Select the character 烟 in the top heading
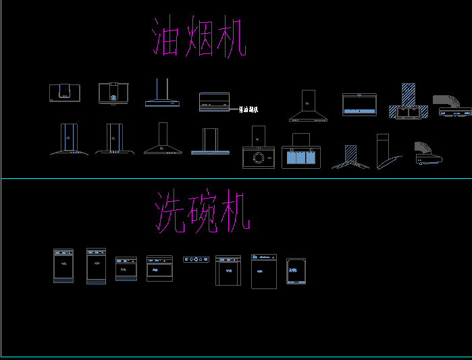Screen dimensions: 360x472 tap(199, 38)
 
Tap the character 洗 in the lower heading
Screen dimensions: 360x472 tap(171, 212)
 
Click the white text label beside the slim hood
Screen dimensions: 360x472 tap(248, 109)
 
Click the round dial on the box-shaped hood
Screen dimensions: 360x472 tap(257, 158)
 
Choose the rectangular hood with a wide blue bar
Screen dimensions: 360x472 tap(359, 105)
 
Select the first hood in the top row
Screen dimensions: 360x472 tap(64, 93)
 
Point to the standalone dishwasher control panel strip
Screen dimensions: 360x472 tap(196, 259)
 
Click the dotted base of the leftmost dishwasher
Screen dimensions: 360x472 tap(63, 279)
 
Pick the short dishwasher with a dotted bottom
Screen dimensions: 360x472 tap(126, 269)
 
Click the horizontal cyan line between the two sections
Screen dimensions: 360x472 tap(236, 179)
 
